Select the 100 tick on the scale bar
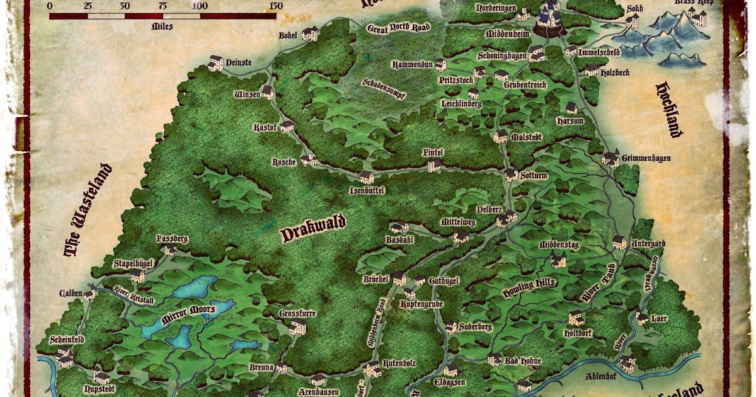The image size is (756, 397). click(200, 6)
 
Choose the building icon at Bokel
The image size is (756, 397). click(309, 34)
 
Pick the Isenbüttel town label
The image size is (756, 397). click(367, 190)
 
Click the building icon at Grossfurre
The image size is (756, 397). click(297, 326)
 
